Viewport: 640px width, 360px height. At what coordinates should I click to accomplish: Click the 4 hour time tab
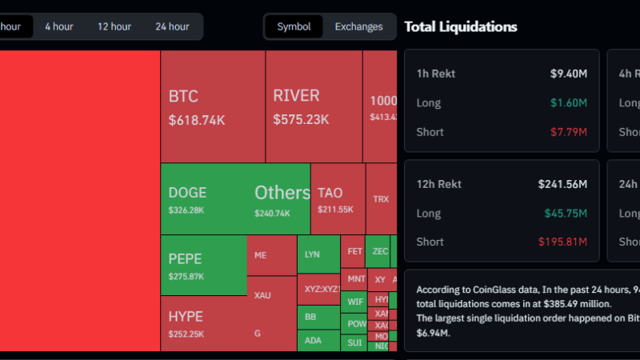58,26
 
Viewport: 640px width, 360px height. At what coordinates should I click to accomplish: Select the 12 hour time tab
114,26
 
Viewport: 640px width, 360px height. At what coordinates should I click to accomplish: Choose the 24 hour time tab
172,26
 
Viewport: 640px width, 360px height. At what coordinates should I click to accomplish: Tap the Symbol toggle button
294,26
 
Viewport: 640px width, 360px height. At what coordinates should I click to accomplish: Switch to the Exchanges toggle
358,26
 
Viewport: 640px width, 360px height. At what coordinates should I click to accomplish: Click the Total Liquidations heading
461,27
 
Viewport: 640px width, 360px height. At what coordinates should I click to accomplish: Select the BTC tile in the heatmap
212,106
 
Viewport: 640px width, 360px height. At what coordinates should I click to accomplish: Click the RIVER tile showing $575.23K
314,106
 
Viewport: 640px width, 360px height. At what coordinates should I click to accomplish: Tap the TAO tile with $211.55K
337,199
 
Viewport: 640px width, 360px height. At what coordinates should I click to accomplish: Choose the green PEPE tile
203,265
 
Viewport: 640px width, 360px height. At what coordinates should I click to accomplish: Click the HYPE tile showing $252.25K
203,323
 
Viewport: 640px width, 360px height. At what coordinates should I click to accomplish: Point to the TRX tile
381,198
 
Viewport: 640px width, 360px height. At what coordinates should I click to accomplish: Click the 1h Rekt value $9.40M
569,74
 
